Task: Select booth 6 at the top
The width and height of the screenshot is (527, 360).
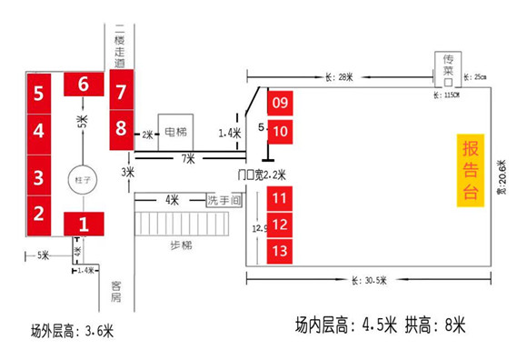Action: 83,84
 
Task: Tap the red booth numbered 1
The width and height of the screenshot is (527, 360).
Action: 84,221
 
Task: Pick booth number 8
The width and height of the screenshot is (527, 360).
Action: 121,128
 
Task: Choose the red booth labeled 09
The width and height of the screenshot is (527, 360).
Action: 280,102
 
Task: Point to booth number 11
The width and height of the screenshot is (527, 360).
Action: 280,196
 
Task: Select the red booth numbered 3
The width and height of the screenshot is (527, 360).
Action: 38,175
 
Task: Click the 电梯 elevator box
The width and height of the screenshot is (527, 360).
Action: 175,132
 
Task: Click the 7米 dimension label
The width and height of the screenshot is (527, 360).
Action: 187,160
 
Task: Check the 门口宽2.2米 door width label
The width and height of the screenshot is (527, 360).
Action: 262,174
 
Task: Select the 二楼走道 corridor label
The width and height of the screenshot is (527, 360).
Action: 120,43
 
